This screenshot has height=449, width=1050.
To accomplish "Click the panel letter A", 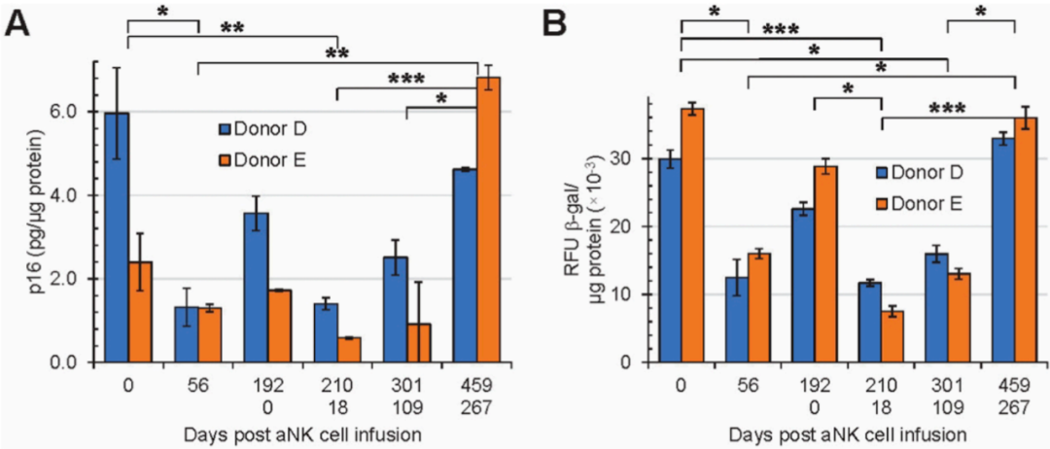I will (x=18, y=22).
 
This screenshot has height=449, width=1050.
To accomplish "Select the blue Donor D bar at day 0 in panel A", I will (x=116, y=237).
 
